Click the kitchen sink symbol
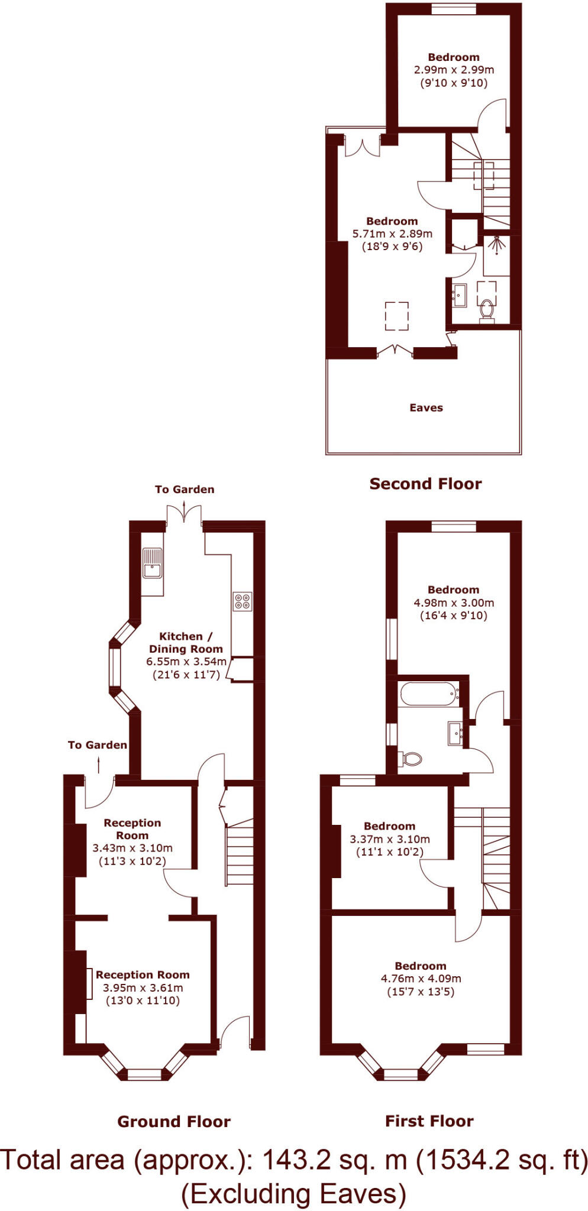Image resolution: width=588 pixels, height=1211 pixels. [x=152, y=562]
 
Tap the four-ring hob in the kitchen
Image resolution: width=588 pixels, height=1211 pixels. [x=242, y=601]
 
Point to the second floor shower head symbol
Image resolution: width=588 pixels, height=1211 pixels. [x=496, y=242]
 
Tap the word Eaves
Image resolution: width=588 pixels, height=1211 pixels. [x=426, y=407]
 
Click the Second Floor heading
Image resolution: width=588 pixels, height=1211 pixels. [x=425, y=484]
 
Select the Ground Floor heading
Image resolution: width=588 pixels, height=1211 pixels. [x=173, y=1122]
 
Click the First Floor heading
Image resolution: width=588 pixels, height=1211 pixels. [x=429, y=1121]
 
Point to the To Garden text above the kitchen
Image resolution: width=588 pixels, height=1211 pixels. [x=185, y=489]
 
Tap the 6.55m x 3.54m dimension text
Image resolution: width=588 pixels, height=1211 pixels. [x=186, y=662]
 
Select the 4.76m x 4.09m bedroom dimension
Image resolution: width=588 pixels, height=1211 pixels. [x=421, y=979]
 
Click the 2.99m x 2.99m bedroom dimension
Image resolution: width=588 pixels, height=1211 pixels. [x=454, y=69]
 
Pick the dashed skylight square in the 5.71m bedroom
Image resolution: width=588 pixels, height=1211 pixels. [x=397, y=316]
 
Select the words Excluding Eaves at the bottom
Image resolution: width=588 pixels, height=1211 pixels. [x=293, y=1194]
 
